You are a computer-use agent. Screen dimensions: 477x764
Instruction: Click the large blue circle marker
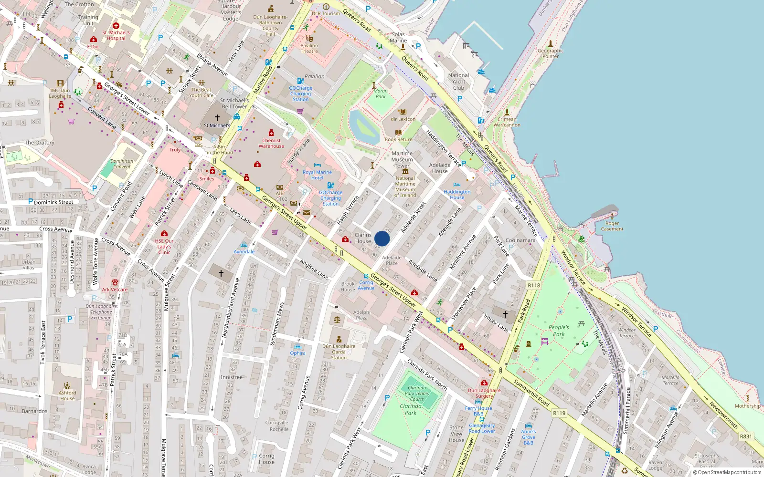[382, 238]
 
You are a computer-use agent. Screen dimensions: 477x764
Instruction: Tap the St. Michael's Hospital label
[116, 35]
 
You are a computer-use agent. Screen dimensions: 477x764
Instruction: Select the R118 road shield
[534, 285]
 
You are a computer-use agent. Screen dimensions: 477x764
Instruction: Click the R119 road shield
[559, 413]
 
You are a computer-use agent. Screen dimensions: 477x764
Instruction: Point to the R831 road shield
[745, 436]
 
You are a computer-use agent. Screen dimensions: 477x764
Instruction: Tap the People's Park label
[559, 331]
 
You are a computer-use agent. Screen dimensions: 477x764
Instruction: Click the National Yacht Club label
[458, 82]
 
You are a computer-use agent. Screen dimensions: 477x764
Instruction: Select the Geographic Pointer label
[551, 53]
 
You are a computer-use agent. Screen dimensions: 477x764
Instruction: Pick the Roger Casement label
[612, 226]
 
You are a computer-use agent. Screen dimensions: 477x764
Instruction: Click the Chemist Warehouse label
[271, 143]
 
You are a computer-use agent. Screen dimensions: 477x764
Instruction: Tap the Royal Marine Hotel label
[317, 175]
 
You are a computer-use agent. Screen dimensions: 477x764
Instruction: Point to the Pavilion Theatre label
[309, 49]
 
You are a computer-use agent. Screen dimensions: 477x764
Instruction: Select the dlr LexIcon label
[403, 119]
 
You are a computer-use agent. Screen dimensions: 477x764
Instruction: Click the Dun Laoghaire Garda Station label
[339, 352]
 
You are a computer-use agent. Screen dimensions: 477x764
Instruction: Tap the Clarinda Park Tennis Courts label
[417, 394]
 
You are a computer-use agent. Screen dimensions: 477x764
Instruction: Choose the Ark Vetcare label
[115, 290]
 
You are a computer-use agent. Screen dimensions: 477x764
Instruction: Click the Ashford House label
[67, 395]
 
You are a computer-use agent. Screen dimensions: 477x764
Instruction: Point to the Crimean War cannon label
[507, 122]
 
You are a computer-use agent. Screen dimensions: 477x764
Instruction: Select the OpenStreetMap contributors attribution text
[727, 473]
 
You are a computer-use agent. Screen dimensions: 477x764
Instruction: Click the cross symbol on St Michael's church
[217, 117]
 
